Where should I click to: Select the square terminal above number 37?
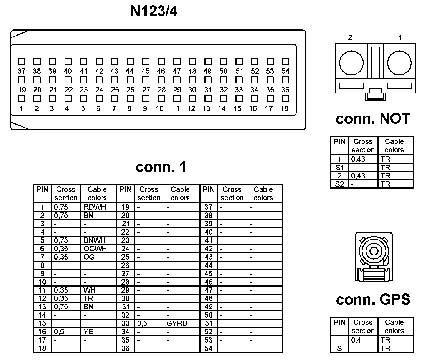tap(21, 61)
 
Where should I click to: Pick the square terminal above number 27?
tap(146, 80)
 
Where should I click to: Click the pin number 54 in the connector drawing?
tap(285, 71)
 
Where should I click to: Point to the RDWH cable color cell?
tap(95, 207)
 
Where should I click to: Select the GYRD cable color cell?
tap(177, 323)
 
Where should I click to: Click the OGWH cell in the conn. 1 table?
tap(95, 249)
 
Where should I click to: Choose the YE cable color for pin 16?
tap(88, 332)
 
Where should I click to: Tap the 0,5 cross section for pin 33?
tap(142, 323)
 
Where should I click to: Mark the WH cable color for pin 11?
tap(89, 290)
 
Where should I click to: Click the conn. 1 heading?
tap(161, 167)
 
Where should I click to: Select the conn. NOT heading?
tap(373, 119)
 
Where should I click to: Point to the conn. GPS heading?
tap(373, 300)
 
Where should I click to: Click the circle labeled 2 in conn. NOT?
tap(351, 63)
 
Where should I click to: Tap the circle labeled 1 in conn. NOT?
tap(399, 63)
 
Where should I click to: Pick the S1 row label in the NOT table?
tap(339, 168)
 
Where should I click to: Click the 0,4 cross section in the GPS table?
tap(356, 340)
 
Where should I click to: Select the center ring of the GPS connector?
tap(374, 251)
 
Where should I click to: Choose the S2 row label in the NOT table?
tap(339, 184)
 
